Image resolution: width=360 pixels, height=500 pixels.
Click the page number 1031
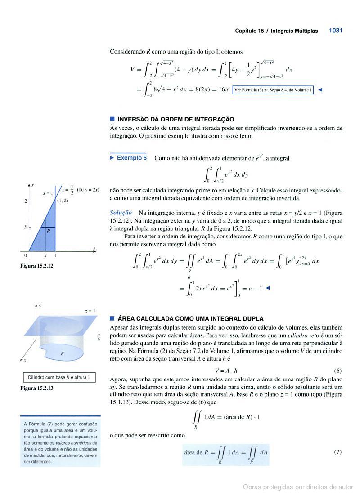pyautogui.click(x=336, y=31)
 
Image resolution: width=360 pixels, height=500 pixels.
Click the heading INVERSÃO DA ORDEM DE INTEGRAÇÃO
pyautogui.click(x=175, y=120)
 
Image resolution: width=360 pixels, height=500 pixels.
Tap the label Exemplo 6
pyautogui.click(x=131, y=158)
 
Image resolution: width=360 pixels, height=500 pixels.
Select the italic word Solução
pyautogui.click(x=121, y=212)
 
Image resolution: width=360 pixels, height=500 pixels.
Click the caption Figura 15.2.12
pyautogui.click(x=36, y=266)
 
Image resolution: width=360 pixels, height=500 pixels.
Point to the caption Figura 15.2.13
pyautogui.click(x=36, y=388)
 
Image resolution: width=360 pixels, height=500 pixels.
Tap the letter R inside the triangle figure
pyautogui.click(x=48, y=231)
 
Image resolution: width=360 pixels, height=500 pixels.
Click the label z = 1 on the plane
pyautogui.click(x=90, y=311)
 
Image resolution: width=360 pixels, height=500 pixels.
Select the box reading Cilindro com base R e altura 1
pyautogui.click(x=59, y=377)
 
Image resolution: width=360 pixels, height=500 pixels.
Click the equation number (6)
pyautogui.click(x=338, y=371)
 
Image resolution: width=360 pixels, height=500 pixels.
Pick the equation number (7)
pyautogui.click(x=338, y=452)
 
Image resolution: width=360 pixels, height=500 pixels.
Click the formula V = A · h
pyautogui.click(x=226, y=371)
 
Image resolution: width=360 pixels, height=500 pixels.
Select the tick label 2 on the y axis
pyautogui.click(x=26, y=201)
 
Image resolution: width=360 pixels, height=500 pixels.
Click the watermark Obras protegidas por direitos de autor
pyautogui.click(x=298, y=487)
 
